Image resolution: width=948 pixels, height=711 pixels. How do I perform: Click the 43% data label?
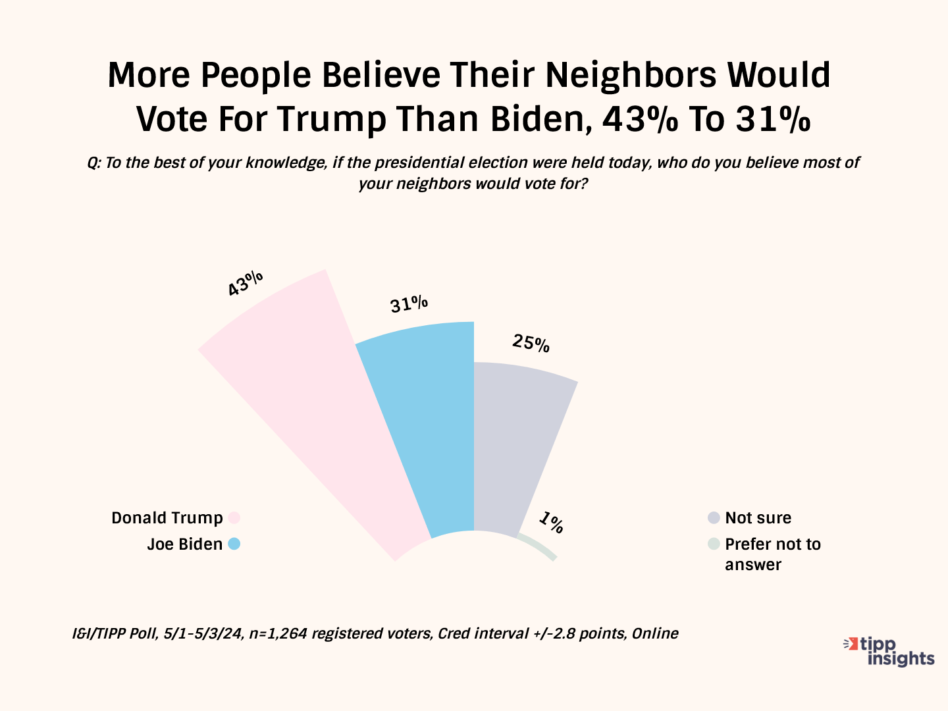pyautogui.click(x=245, y=284)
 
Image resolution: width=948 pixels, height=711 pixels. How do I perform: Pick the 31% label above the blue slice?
pyautogui.click(x=409, y=304)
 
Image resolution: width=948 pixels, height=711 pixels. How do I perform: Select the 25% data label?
pyautogui.click(x=531, y=343)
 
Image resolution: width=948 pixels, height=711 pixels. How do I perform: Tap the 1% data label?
pyautogui.click(x=551, y=522)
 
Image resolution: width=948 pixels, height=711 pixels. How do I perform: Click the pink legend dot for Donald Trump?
pyautogui.click(x=234, y=518)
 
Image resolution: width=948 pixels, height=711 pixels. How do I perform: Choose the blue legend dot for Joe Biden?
pyautogui.click(x=234, y=544)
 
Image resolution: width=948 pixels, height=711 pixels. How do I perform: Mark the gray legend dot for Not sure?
pyautogui.click(x=714, y=518)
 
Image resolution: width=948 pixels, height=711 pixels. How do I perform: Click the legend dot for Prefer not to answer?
pyautogui.click(x=714, y=544)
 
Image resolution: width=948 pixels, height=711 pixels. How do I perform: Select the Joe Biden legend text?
pyautogui.click(x=185, y=544)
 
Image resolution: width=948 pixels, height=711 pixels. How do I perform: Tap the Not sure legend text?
pyautogui.click(x=758, y=518)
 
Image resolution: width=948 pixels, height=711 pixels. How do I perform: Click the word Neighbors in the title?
pyautogui.click(x=631, y=75)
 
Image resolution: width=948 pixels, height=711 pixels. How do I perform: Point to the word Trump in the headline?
pyautogui.click(x=331, y=119)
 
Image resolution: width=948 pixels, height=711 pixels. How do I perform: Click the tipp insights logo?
pyautogui.click(x=890, y=650)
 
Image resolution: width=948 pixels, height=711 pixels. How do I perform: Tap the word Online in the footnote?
pyautogui.click(x=655, y=633)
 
